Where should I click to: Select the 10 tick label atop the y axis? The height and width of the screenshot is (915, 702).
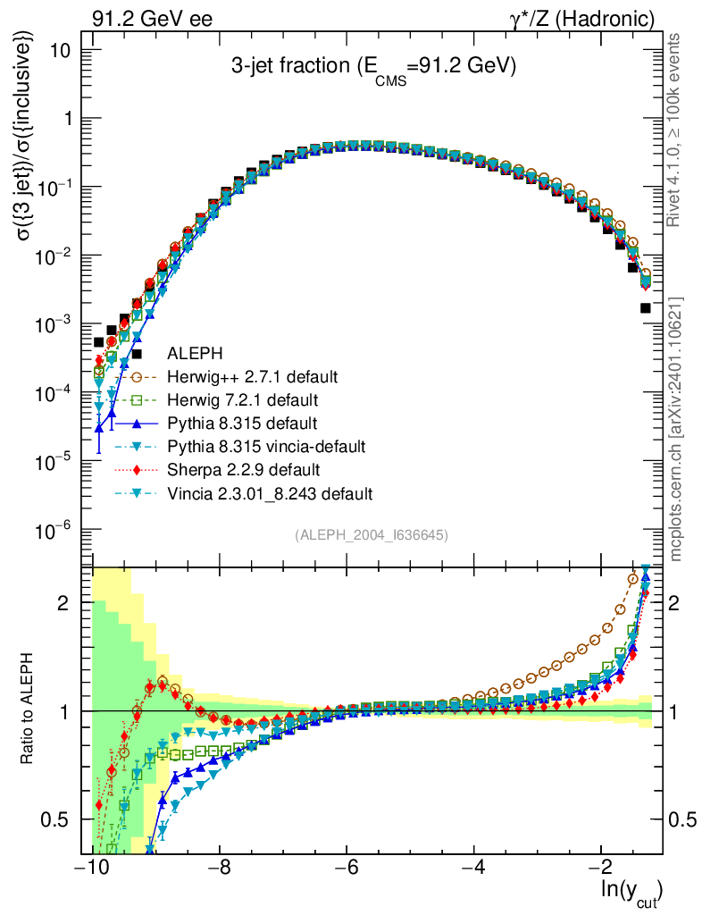[62, 50]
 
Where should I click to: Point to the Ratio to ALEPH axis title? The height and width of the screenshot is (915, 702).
[28, 711]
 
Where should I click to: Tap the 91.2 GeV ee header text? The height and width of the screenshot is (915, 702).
[152, 18]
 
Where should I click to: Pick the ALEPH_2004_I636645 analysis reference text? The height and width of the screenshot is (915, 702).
[372, 535]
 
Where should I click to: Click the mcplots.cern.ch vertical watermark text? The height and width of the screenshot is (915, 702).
[677, 429]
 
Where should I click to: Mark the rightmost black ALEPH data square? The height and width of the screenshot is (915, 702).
[646, 308]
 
